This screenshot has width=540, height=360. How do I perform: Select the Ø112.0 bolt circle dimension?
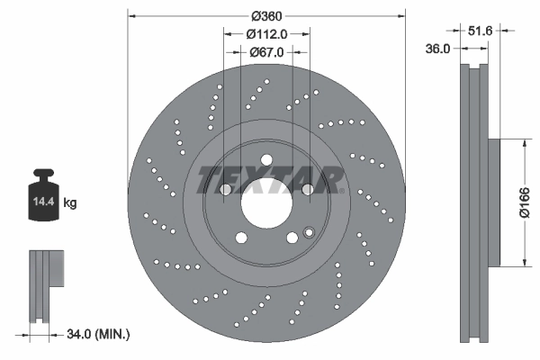pyautogui.click(x=266, y=34)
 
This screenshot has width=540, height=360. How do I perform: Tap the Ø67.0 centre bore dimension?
pyautogui.click(x=266, y=52)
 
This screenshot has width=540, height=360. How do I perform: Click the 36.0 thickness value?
pyautogui.click(x=437, y=49)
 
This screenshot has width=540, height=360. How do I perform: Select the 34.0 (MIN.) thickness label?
pyautogui.click(x=99, y=334)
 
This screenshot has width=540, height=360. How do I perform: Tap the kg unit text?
pyautogui.click(x=70, y=203)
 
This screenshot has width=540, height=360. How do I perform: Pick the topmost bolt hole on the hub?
pyautogui.click(x=266, y=161)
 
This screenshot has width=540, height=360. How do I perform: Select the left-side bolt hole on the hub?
pyautogui.click(x=226, y=190)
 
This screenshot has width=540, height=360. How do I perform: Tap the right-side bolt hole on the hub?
pyautogui.click(x=307, y=190)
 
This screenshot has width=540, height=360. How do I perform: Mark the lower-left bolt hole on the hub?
pyautogui.click(x=241, y=238)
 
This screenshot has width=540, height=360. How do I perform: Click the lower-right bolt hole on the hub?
pyautogui.click(x=292, y=238)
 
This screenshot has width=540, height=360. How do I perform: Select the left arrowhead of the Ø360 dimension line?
pyautogui.click(x=131, y=16)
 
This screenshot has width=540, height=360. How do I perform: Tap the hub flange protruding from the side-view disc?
pyautogui.click(x=493, y=203)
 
